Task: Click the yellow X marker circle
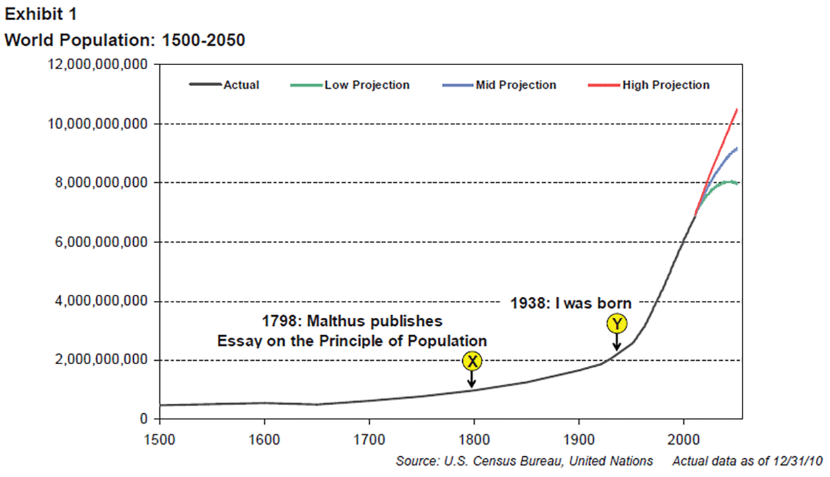tap(473, 361)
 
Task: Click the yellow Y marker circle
tap(616, 324)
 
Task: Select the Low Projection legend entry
tap(367, 85)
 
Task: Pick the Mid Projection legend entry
tap(515, 85)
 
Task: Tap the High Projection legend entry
tap(665, 85)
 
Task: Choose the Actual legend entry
tap(241, 85)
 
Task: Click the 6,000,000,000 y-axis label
tap(99, 243)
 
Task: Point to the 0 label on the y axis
tap(144, 419)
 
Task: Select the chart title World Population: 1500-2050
tap(125, 40)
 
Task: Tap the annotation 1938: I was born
tap(570, 303)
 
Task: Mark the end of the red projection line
tap(737, 109)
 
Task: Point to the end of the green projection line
tap(738, 183)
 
